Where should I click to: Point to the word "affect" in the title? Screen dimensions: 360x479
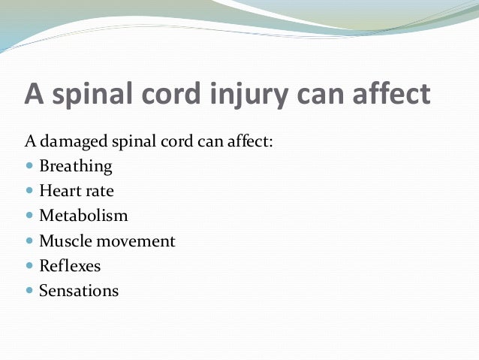[x=390, y=95]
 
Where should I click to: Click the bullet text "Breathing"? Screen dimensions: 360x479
[x=75, y=166]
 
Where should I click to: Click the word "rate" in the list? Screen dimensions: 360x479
[x=99, y=191]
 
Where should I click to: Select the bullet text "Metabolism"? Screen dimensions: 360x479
[x=83, y=216]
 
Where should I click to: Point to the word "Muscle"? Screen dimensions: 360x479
[x=64, y=241]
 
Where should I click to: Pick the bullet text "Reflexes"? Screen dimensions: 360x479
[x=70, y=265]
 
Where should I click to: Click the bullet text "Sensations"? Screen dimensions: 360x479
[x=79, y=290]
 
